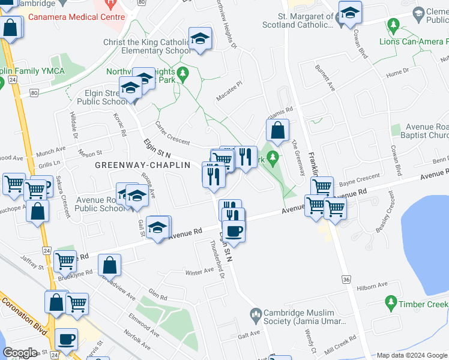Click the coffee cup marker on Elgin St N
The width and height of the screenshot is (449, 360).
coord(234,231)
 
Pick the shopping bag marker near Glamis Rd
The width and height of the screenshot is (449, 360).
coord(278,131)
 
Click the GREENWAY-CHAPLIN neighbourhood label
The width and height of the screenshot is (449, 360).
coord(142,164)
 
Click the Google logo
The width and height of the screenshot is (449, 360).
coord(20,353)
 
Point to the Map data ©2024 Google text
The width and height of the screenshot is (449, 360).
coord(411,355)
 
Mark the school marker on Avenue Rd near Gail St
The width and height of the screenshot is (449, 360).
coord(158,227)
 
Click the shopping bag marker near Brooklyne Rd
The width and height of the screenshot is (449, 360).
coord(109,265)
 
